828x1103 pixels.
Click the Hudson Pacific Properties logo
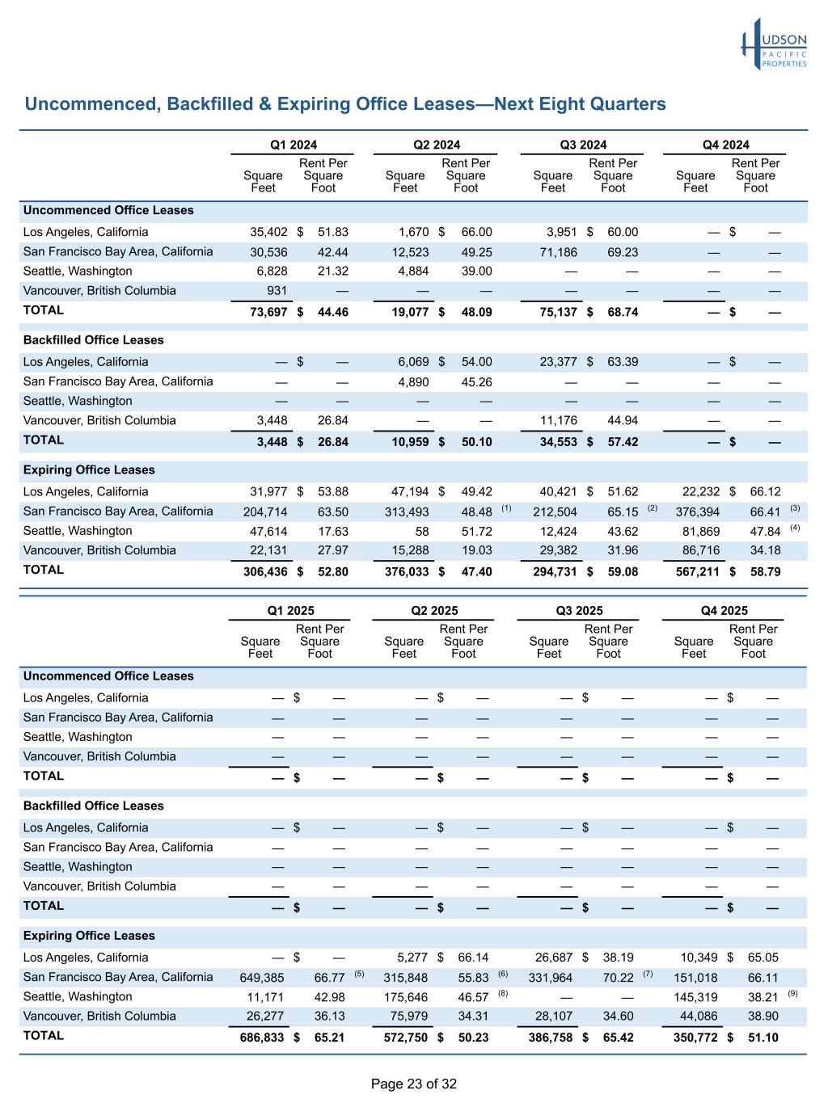coord(774,44)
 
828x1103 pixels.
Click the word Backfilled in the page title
coord(209,104)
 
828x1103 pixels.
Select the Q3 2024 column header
coord(583,145)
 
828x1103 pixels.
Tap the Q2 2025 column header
coord(434,611)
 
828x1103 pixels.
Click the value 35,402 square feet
coord(268,232)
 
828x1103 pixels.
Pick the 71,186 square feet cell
coord(558,252)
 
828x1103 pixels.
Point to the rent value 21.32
coord(333,272)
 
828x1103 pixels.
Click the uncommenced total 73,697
coord(268,312)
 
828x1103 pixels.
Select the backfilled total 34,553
coord(558,442)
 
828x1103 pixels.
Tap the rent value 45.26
coord(476,382)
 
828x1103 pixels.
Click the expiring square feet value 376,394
coord(697,512)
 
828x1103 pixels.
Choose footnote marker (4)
coord(794,528)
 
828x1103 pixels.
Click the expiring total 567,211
coord(697,572)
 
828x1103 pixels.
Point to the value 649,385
coord(262,978)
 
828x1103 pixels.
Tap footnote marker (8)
coord(503,993)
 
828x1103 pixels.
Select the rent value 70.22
coord(619,978)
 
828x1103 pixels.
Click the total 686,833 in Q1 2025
coord(262,1038)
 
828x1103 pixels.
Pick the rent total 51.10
coord(763,1038)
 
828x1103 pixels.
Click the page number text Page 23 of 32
coord(414,1084)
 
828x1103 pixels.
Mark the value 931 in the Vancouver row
coord(277,291)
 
